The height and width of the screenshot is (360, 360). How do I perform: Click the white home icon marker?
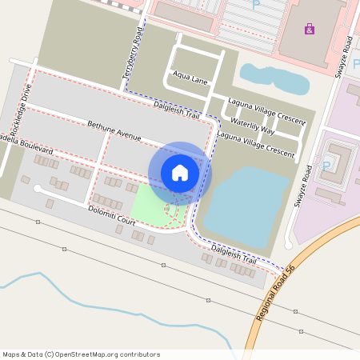(x=180, y=172)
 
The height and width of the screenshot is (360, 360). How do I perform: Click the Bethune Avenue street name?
(x=114, y=130)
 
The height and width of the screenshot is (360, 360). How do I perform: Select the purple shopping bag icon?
(x=310, y=30)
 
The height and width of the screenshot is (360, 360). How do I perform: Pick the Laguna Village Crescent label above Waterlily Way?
(x=266, y=111)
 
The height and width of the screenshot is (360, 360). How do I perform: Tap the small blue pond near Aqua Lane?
(x=276, y=79)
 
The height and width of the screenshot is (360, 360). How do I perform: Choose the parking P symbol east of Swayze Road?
(x=326, y=166)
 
